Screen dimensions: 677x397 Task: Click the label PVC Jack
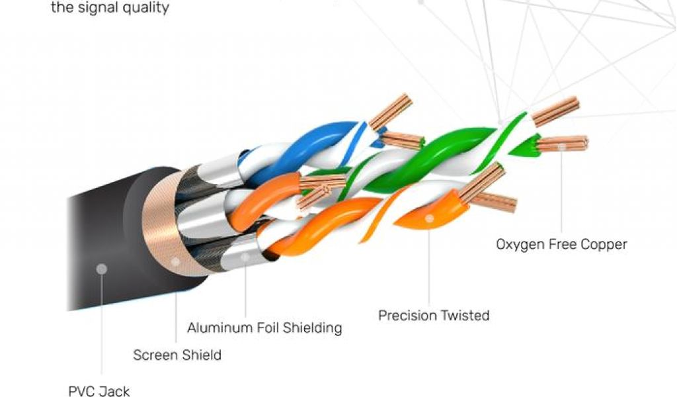coord(99,390)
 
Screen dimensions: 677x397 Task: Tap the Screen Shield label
coord(177,355)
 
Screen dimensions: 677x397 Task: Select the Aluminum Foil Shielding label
coord(264,328)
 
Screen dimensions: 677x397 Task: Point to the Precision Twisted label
coord(434,315)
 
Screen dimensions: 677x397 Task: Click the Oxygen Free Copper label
coord(561,244)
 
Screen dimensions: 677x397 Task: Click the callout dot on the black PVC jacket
coord(101,269)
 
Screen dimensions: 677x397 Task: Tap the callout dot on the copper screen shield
coord(175,262)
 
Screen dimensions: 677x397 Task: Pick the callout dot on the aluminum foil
coord(245,256)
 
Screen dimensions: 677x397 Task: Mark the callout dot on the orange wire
coord(429,218)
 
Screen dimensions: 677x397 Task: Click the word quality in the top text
coord(145,8)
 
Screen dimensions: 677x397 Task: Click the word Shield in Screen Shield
coord(202,355)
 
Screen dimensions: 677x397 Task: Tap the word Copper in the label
coord(603,244)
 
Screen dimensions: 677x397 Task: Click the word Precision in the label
coord(407,315)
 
